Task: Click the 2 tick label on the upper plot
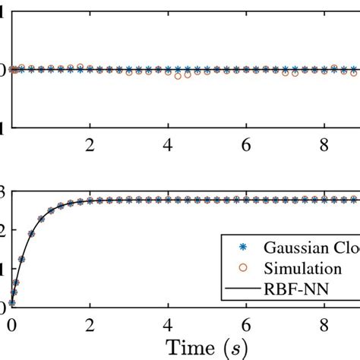[x=90, y=144]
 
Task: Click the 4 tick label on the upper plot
[x=168, y=144]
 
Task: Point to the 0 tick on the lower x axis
[x=11, y=325]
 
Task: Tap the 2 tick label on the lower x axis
[x=90, y=325]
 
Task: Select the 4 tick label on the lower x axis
[x=168, y=325]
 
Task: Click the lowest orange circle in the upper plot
[x=178, y=77]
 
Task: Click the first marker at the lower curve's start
[x=11, y=302]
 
